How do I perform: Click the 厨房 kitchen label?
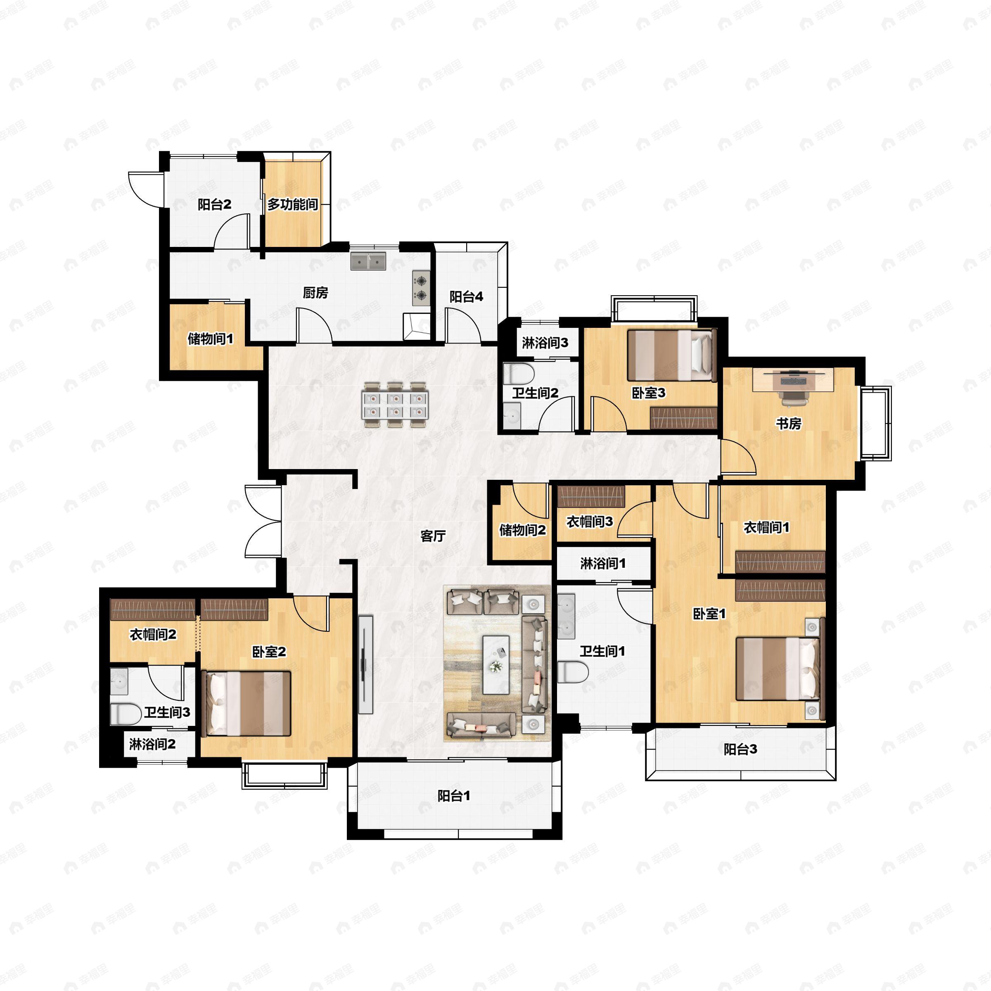tap(315, 293)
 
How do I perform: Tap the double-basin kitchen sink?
tap(368, 261)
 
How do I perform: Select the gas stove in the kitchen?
tap(421, 288)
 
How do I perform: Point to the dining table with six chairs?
tap(396, 405)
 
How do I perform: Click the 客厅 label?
tap(432, 536)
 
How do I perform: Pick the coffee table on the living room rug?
tap(495, 664)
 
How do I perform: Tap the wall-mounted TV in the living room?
tap(365, 664)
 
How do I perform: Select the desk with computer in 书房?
tap(793, 380)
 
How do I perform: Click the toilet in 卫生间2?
tap(519, 374)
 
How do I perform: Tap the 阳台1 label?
tap(454, 796)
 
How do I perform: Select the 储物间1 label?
tap(210, 339)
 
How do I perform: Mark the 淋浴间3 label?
tap(545, 343)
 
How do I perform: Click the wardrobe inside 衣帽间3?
tap(591, 496)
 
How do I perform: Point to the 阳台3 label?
tap(740, 749)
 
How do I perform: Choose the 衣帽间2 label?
tap(153, 635)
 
